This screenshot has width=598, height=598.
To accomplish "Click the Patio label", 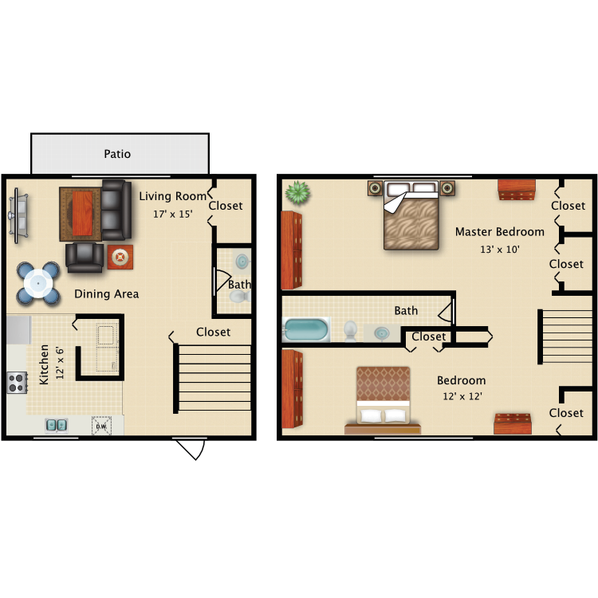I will click(117, 154).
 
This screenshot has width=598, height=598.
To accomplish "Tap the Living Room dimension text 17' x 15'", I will click(173, 214).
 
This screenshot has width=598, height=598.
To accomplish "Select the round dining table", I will click(38, 282).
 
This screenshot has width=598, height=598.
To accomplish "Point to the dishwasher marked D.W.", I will click(101, 426).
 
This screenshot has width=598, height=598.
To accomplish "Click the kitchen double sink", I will click(56, 425).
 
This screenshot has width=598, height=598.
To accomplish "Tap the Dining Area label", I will click(107, 294).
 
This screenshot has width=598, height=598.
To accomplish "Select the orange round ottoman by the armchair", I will click(120, 257).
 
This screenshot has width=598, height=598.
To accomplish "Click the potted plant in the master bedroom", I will click(297, 192).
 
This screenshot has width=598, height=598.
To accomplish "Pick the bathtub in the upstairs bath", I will click(306, 329).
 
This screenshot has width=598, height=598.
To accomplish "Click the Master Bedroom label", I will click(500, 232).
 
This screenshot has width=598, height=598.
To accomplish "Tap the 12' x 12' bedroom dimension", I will click(462, 395).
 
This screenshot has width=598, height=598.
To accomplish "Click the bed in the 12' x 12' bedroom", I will click(383, 400).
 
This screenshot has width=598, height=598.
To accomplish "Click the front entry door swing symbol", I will click(190, 449).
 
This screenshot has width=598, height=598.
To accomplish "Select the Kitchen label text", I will click(45, 364).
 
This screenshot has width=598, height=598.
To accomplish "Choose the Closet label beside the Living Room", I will click(226, 206).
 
